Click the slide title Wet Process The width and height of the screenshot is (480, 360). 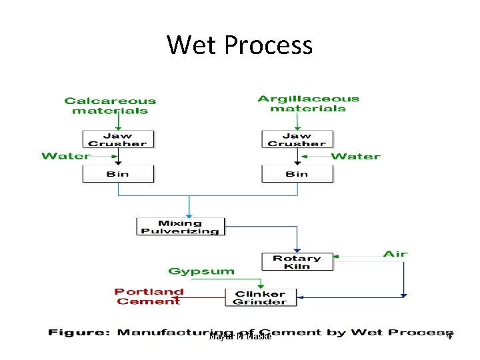pyautogui.click(x=239, y=45)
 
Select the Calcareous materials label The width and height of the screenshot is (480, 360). pyautogui.click(x=110, y=106)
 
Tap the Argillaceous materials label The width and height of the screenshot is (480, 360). pyautogui.click(x=308, y=104)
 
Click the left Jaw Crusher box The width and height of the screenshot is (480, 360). pyautogui.click(x=117, y=139)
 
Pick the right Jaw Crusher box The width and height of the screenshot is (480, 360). pyautogui.click(x=297, y=139)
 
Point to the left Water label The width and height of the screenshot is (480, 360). pyautogui.click(x=65, y=156)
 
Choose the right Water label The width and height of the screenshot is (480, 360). pyautogui.click(x=355, y=156)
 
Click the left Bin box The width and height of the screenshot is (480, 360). pyautogui.click(x=117, y=174)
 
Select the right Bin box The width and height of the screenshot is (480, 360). pyautogui.click(x=297, y=174)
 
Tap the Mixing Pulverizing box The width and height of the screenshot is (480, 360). pyautogui.click(x=180, y=227)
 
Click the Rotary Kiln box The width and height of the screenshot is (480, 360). pyautogui.click(x=297, y=262)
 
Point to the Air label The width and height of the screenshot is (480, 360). pyautogui.click(x=395, y=254)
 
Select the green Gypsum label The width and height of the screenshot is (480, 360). pyautogui.click(x=201, y=271)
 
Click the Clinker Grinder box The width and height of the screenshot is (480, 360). pyautogui.click(x=259, y=297)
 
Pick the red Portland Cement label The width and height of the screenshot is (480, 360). pyautogui.click(x=149, y=297)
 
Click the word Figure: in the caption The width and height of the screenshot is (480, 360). pyautogui.click(x=79, y=332)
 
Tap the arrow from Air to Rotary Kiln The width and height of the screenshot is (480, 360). pyautogui.click(x=360, y=255)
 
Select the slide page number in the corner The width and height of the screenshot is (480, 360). pyautogui.click(x=449, y=336)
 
